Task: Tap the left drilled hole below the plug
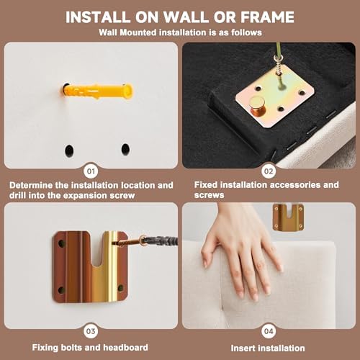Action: (69, 150)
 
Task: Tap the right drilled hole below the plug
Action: (125, 149)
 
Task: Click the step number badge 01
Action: (91, 171)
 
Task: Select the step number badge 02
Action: (269, 171)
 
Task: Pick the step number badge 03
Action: (91, 331)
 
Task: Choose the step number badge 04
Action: (269, 331)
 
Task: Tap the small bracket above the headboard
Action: (289, 217)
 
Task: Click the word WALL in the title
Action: (186, 17)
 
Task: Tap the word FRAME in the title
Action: (267, 17)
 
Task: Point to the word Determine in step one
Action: (31, 185)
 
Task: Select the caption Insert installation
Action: (268, 348)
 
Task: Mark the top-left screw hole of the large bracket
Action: (61, 243)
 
